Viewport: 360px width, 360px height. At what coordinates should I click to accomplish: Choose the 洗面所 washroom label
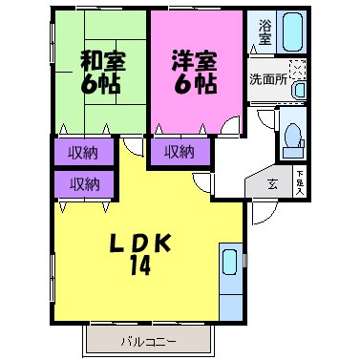[x=267, y=79]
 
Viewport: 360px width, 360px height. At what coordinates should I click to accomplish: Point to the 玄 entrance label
[x=271, y=183]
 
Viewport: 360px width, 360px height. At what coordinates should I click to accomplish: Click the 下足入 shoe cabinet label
[x=299, y=182]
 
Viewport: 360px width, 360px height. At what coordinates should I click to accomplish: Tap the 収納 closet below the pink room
[x=179, y=150]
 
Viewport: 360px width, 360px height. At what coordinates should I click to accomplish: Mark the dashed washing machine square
[x=298, y=70]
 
